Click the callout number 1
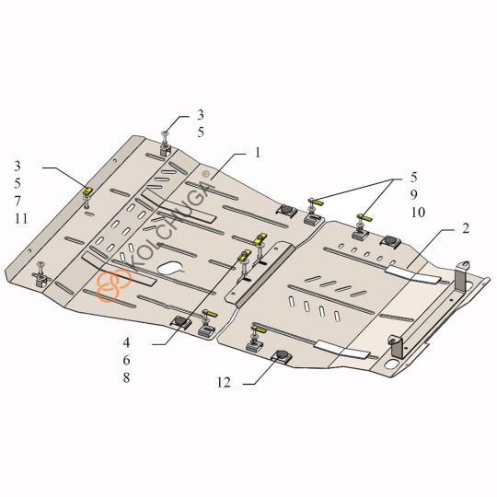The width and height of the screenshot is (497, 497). coord(259,151)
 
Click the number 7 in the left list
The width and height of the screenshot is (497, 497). coord(18,201)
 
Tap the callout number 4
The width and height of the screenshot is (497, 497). coord(126,341)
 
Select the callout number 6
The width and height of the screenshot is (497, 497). coord(126,359)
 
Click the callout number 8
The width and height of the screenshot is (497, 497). coord(126,377)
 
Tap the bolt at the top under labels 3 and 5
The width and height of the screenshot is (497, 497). coord(164,139)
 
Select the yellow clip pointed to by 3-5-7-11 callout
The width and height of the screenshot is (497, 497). coord(89,190)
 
